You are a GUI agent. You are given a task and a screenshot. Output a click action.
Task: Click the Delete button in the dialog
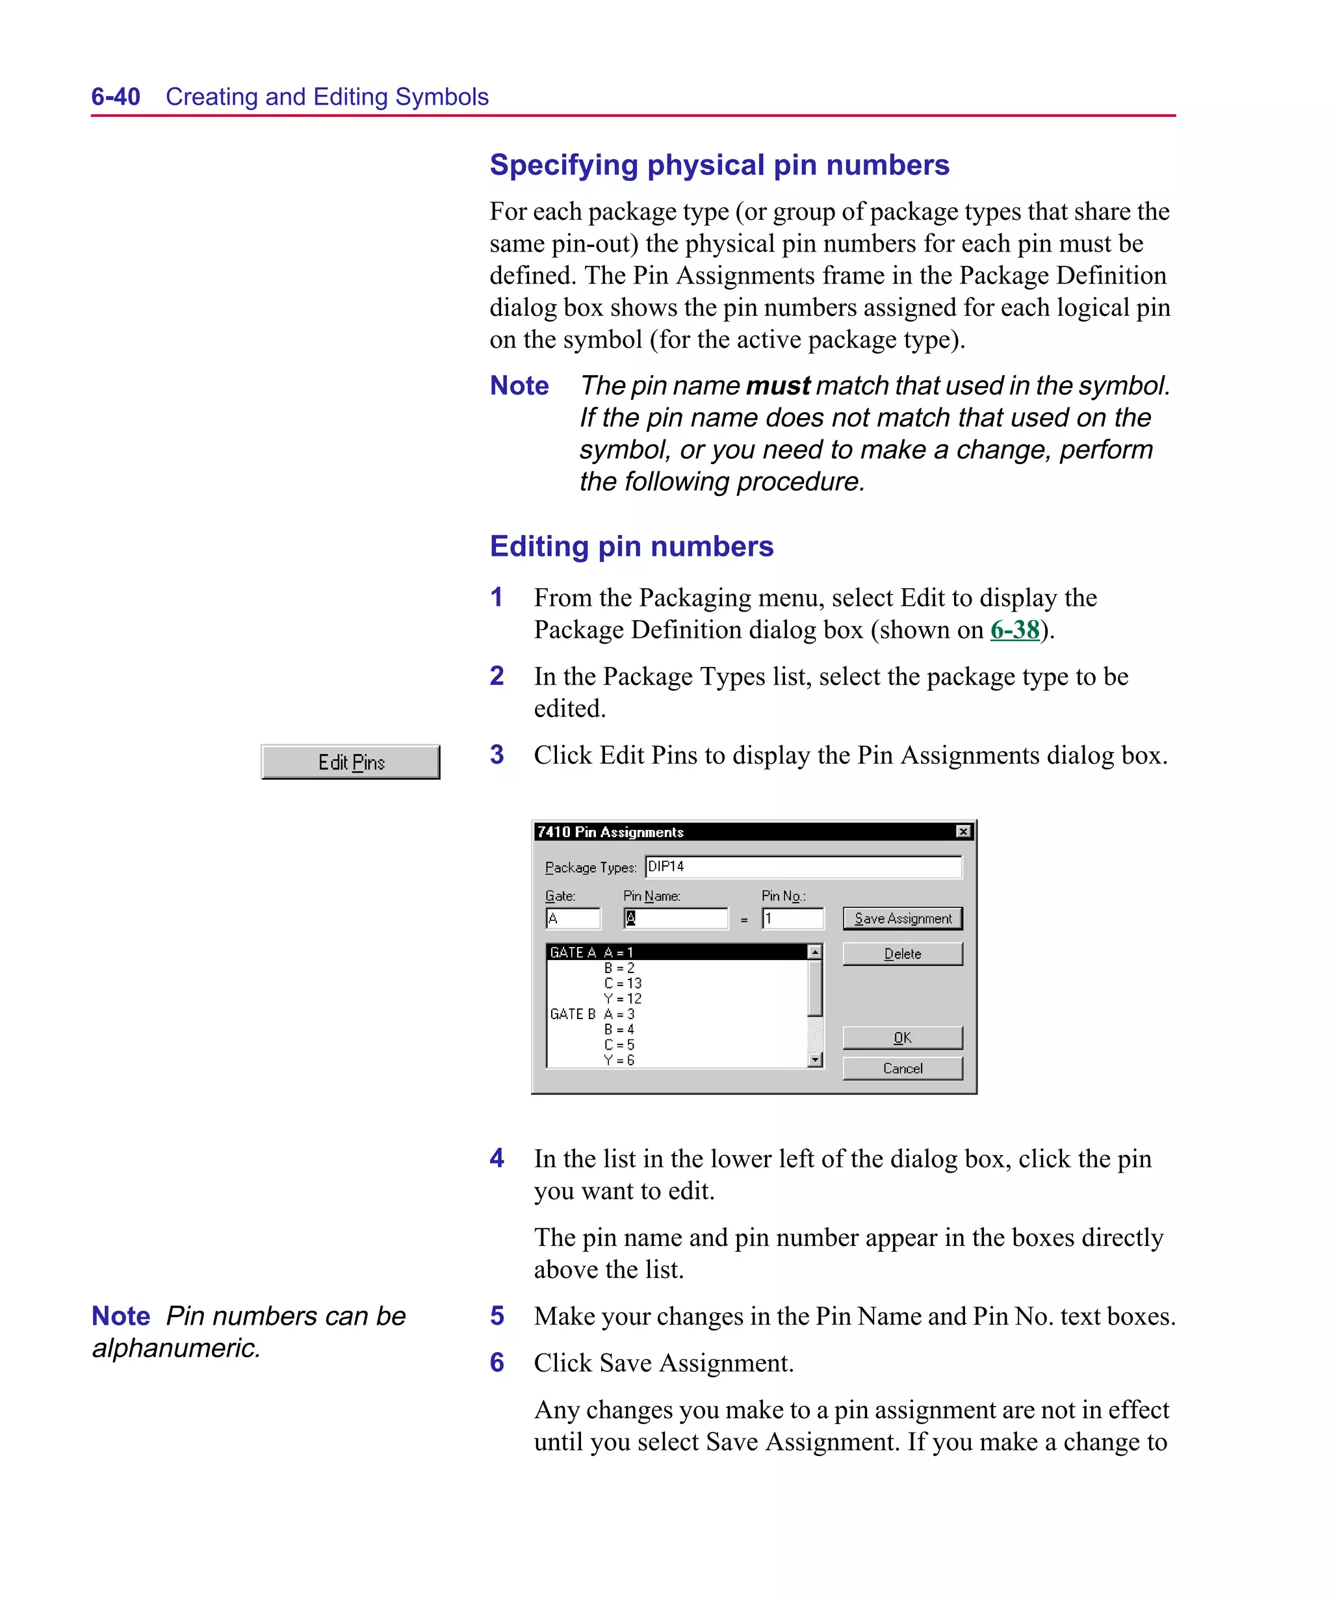click(x=902, y=954)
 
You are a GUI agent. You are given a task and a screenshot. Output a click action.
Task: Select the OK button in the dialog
click(x=902, y=1038)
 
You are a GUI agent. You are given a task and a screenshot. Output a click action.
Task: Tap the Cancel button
click(x=902, y=1069)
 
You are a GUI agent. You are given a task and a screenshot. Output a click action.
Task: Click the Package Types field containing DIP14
click(x=803, y=867)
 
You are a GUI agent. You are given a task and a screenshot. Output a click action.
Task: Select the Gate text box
click(x=573, y=918)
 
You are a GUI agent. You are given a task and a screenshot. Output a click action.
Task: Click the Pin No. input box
click(x=792, y=918)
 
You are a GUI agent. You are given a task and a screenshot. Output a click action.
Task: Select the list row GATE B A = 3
click(x=593, y=1015)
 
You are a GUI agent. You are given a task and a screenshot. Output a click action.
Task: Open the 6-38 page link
click(x=1014, y=630)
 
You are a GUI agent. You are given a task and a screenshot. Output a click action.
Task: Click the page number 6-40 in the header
click(x=116, y=97)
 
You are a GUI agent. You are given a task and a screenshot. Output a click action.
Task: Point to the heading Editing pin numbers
click(x=631, y=547)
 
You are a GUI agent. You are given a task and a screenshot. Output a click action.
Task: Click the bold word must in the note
click(x=777, y=386)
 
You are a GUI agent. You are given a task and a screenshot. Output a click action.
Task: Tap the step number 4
click(x=497, y=1158)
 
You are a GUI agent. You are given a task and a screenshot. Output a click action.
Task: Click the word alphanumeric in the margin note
click(x=175, y=1348)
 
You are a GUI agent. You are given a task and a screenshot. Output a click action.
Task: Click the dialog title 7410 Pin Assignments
click(x=610, y=832)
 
